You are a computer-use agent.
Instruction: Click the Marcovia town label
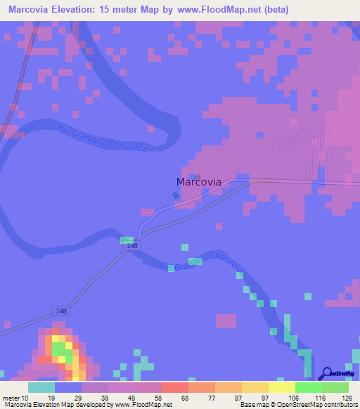pyautogui.click(x=198, y=182)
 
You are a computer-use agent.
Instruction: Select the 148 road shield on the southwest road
pyautogui.click(x=60, y=310)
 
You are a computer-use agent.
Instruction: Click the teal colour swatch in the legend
pyautogui.click(x=41, y=387)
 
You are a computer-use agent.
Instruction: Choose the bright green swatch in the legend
pyautogui.click(x=308, y=387)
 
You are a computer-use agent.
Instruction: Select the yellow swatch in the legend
pyautogui.click(x=281, y=387)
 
